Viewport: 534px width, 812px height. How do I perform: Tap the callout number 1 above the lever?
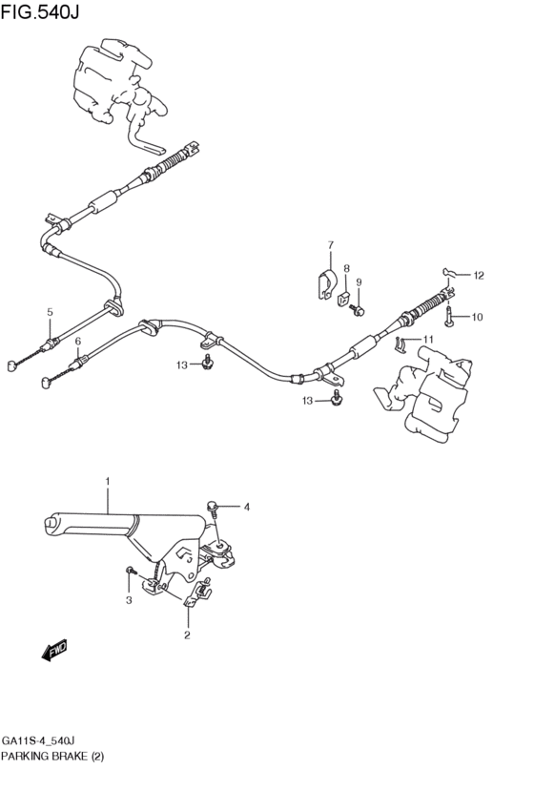pyautogui.click(x=108, y=482)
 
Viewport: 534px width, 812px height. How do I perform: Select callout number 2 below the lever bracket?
pyautogui.click(x=187, y=635)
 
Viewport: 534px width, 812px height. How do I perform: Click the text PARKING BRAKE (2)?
pyautogui.click(x=52, y=757)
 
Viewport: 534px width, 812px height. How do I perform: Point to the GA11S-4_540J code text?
pyautogui.click(x=45, y=740)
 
